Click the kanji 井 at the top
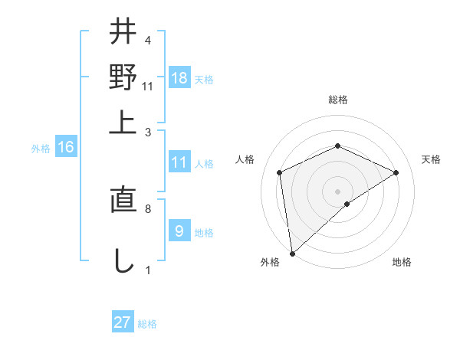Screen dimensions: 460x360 (x=123, y=32)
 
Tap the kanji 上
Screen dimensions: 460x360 (x=123, y=122)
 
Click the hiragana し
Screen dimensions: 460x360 (x=123, y=260)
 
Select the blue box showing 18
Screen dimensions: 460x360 (x=179, y=79)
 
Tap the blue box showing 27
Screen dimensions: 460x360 (x=123, y=322)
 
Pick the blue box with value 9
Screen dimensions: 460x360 (x=179, y=231)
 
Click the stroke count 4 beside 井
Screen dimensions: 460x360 (x=147, y=40)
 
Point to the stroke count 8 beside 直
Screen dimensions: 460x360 (x=147, y=208)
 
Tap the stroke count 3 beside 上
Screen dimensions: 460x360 (x=147, y=132)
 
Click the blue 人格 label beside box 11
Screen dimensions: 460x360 (x=204, y=163)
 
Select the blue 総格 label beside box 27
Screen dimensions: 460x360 (x=147, y=324)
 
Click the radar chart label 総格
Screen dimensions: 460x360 (x=337, y=100)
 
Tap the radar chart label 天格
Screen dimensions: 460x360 (x=431, y=159)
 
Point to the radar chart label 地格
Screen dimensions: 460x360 (x=402, y=262)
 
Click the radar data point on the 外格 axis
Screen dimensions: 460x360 (x=292, y=254)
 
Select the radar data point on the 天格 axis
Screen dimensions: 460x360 (x=396, y=172)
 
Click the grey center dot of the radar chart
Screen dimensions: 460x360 (x=337, y=191)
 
